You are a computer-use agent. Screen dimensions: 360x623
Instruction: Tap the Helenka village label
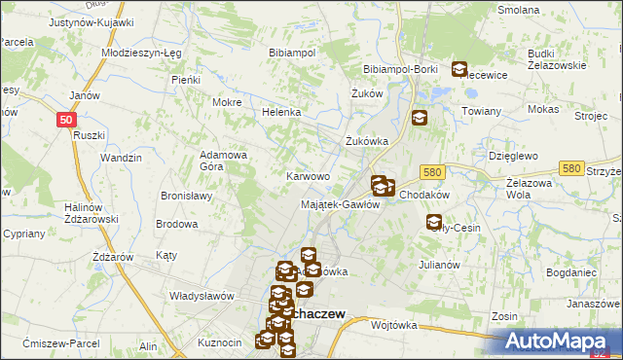(281, 112)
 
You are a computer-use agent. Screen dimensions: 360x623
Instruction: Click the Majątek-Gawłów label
(340, 203)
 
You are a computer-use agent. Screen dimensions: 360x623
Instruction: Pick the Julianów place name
(438, 264)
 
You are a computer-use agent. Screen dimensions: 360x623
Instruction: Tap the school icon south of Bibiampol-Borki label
(420, 118)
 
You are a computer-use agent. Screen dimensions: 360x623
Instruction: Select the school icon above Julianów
(433, 222)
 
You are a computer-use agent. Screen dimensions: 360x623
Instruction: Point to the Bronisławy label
(187, 196)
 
